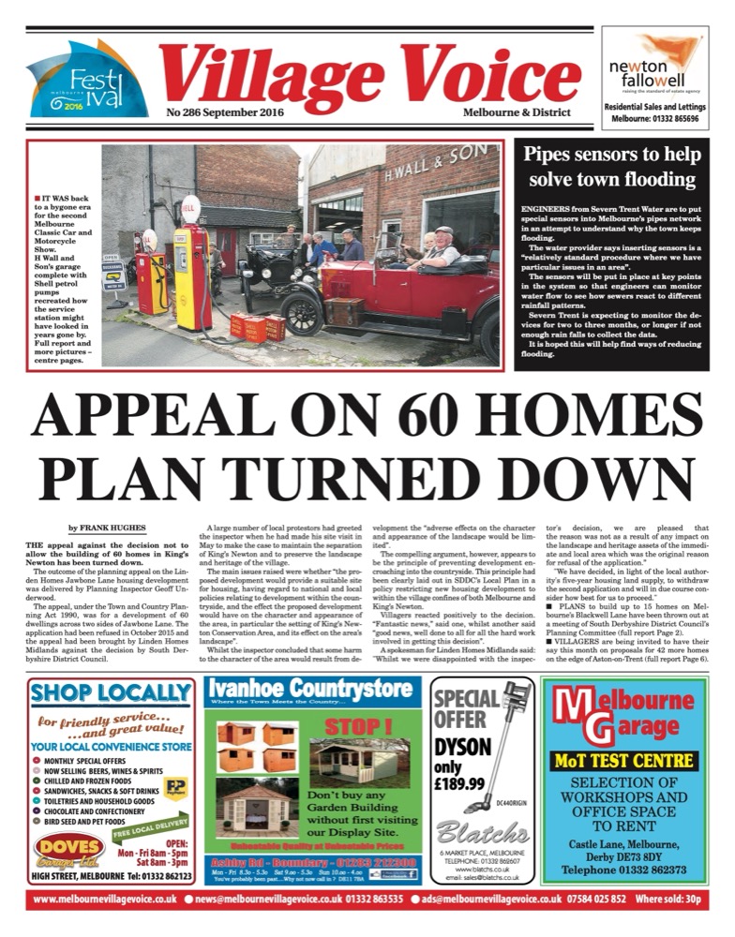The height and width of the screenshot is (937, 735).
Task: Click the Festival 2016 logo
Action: tap(87, 80)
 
